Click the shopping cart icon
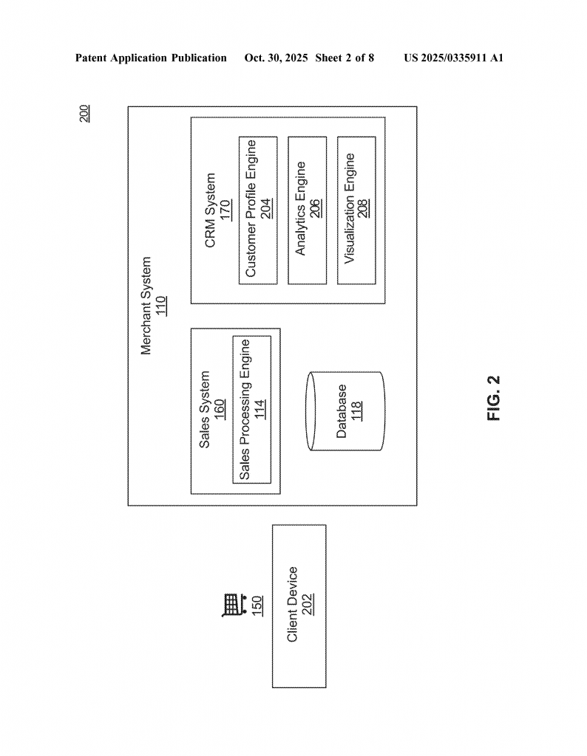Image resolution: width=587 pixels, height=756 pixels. (232, 605)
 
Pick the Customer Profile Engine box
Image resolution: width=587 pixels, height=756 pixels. (258, 210)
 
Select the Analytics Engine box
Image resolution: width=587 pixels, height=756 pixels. (307, 210)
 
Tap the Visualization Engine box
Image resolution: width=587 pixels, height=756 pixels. (356, 210)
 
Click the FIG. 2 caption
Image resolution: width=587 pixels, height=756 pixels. (494, 399)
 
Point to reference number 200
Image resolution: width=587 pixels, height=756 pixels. (84, 113)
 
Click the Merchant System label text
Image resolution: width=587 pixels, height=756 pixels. (146, 306)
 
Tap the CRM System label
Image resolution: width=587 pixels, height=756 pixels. (210, 210)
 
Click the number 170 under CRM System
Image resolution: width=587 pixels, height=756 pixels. (225, 210)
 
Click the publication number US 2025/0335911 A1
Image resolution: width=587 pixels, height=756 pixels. (454, 58)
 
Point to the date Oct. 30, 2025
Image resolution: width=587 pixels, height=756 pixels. (276, 58)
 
